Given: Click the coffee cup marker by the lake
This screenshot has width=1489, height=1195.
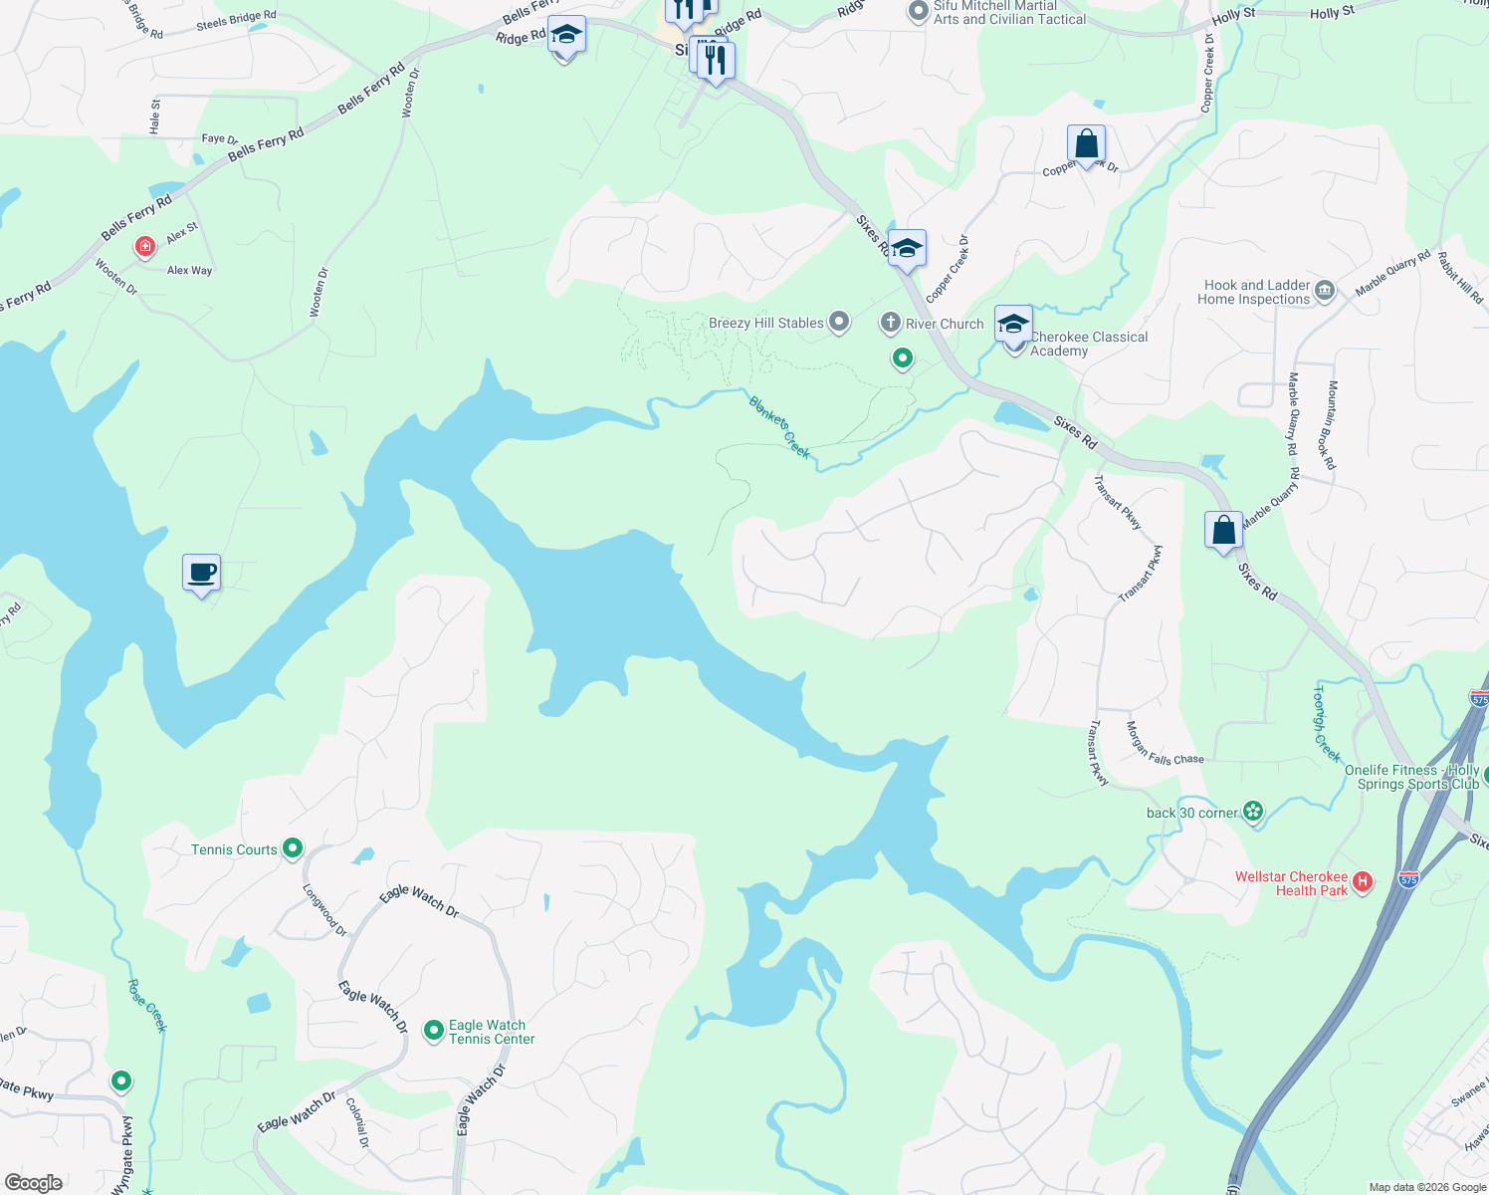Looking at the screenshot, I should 202,574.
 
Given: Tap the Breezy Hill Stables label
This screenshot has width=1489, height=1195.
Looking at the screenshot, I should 766,323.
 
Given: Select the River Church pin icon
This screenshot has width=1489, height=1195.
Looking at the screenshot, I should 891,323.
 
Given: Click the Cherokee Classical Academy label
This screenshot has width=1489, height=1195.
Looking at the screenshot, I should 1088,344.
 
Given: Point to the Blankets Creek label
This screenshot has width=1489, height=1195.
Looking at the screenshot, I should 780,427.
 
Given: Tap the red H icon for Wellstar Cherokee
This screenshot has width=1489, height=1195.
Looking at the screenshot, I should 1363,880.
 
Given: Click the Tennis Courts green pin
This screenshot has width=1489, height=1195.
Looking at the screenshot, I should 293,848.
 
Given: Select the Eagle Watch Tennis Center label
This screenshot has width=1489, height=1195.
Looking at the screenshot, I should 492,1032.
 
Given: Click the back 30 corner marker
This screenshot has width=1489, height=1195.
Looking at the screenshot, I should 1253,812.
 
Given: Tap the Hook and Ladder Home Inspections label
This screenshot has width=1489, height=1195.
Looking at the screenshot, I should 1257,292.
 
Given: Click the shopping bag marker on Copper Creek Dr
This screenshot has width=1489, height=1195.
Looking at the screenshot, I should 1086,144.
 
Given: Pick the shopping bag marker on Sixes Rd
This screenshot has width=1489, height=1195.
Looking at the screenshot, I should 1223,530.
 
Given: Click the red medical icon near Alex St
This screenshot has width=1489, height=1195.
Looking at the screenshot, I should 145,245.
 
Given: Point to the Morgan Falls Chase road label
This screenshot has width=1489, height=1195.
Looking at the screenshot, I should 1164,744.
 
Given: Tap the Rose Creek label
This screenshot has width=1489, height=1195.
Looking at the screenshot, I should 147,1006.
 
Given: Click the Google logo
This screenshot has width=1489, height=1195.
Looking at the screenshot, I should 34,1183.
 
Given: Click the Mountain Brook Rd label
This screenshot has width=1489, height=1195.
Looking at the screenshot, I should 1330,425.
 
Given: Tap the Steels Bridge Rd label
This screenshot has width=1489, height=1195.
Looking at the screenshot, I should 236,20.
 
